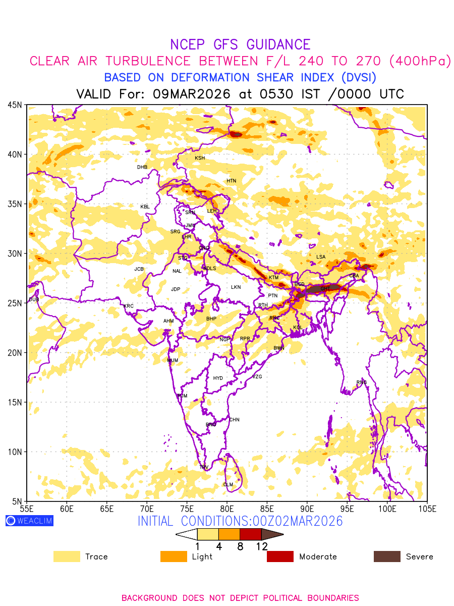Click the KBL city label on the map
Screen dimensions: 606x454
pos(145,207)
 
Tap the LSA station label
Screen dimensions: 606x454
pos(321,257)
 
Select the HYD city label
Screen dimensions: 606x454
pos(218,378)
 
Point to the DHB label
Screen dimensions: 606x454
pos(142,167)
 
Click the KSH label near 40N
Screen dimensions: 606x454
pos(200,158)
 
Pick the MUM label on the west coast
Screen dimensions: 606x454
pos(173,360)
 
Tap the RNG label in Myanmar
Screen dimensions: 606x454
pos(362,382)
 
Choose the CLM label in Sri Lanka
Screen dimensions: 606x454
pos(228,485)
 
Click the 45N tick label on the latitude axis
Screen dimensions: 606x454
pos(14,105)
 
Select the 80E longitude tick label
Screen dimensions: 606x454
pos(227,508)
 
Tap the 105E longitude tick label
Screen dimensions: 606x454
pos(427,508)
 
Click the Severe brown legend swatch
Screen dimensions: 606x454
pos(387,557)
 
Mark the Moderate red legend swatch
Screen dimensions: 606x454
pos(280,557)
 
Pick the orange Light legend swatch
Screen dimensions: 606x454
pos(174,557)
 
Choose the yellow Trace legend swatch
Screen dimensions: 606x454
pos(67,557)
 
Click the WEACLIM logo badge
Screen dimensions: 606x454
pos(29,521)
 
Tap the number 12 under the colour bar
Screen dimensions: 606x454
pos(261,546)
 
